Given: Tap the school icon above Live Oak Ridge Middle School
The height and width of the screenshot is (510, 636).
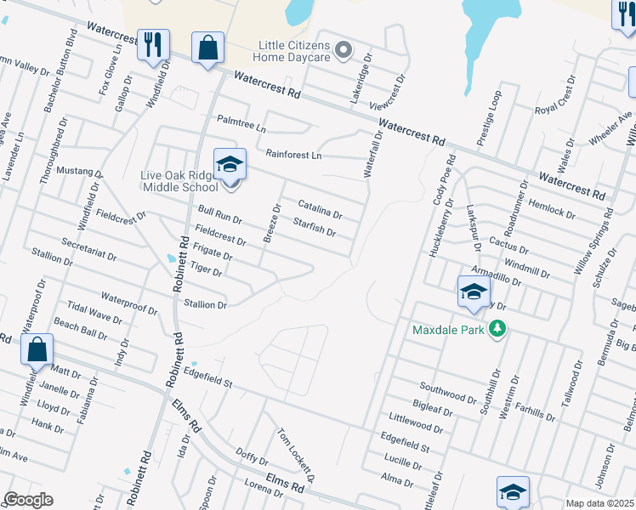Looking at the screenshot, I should pos(229,163).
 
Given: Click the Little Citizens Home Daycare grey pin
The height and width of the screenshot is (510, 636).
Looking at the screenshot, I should pos(344,51).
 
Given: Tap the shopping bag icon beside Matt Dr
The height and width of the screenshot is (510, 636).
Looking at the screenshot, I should pos(37,349).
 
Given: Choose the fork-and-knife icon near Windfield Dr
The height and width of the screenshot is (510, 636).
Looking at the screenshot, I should pos(153,45).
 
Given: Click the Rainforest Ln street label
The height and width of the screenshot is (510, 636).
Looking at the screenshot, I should pos(293,156).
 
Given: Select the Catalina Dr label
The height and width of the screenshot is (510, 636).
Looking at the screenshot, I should pos(320,208).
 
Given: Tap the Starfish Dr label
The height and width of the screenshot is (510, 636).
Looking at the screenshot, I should pos(314,228).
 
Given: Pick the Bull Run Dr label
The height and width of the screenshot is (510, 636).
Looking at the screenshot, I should pos(219,214).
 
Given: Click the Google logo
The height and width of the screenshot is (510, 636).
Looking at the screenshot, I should pos(28,500).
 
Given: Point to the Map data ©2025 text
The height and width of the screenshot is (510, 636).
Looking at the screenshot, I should pos(599,503).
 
